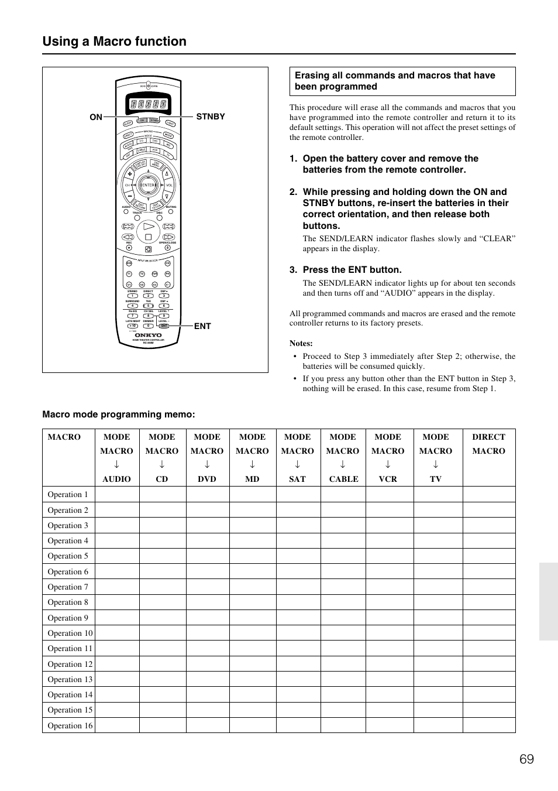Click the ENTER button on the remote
pyautogui.click(x=148, y=185)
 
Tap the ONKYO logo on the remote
pyautogui.click(x=148, y=335)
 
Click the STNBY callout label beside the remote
pyautogui.click(x=211, y=117)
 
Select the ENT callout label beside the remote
pyautogui.click(x=202, y=326)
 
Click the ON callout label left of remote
pyautogui.click(x=96, y=117)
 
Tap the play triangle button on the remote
pyautogui.click(x=149, y=226)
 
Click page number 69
pyautogui.click(x=526, y=759)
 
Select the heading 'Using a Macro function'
pyautogui.click(x=115, y=42)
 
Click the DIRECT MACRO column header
pyautogui.click(x=488, y=444)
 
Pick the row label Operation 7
pyautogui.click(x=68, y=587)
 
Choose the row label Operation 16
pyautogui.click(x=70, y=725)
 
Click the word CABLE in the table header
pyautogui.click(x=343, y=479)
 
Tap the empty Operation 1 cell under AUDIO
pyautogui.click(x=117, y=494)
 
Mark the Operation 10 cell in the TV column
pyautogui.click(x=438, y=633)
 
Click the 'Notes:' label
pyautogui.click(x=301, y=343)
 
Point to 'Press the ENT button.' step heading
pyautogui.click(x=352, y=270)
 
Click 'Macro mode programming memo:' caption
pyautogui.click(x=119, y=415)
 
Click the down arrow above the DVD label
pyautogui.click(x=207, y=464)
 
